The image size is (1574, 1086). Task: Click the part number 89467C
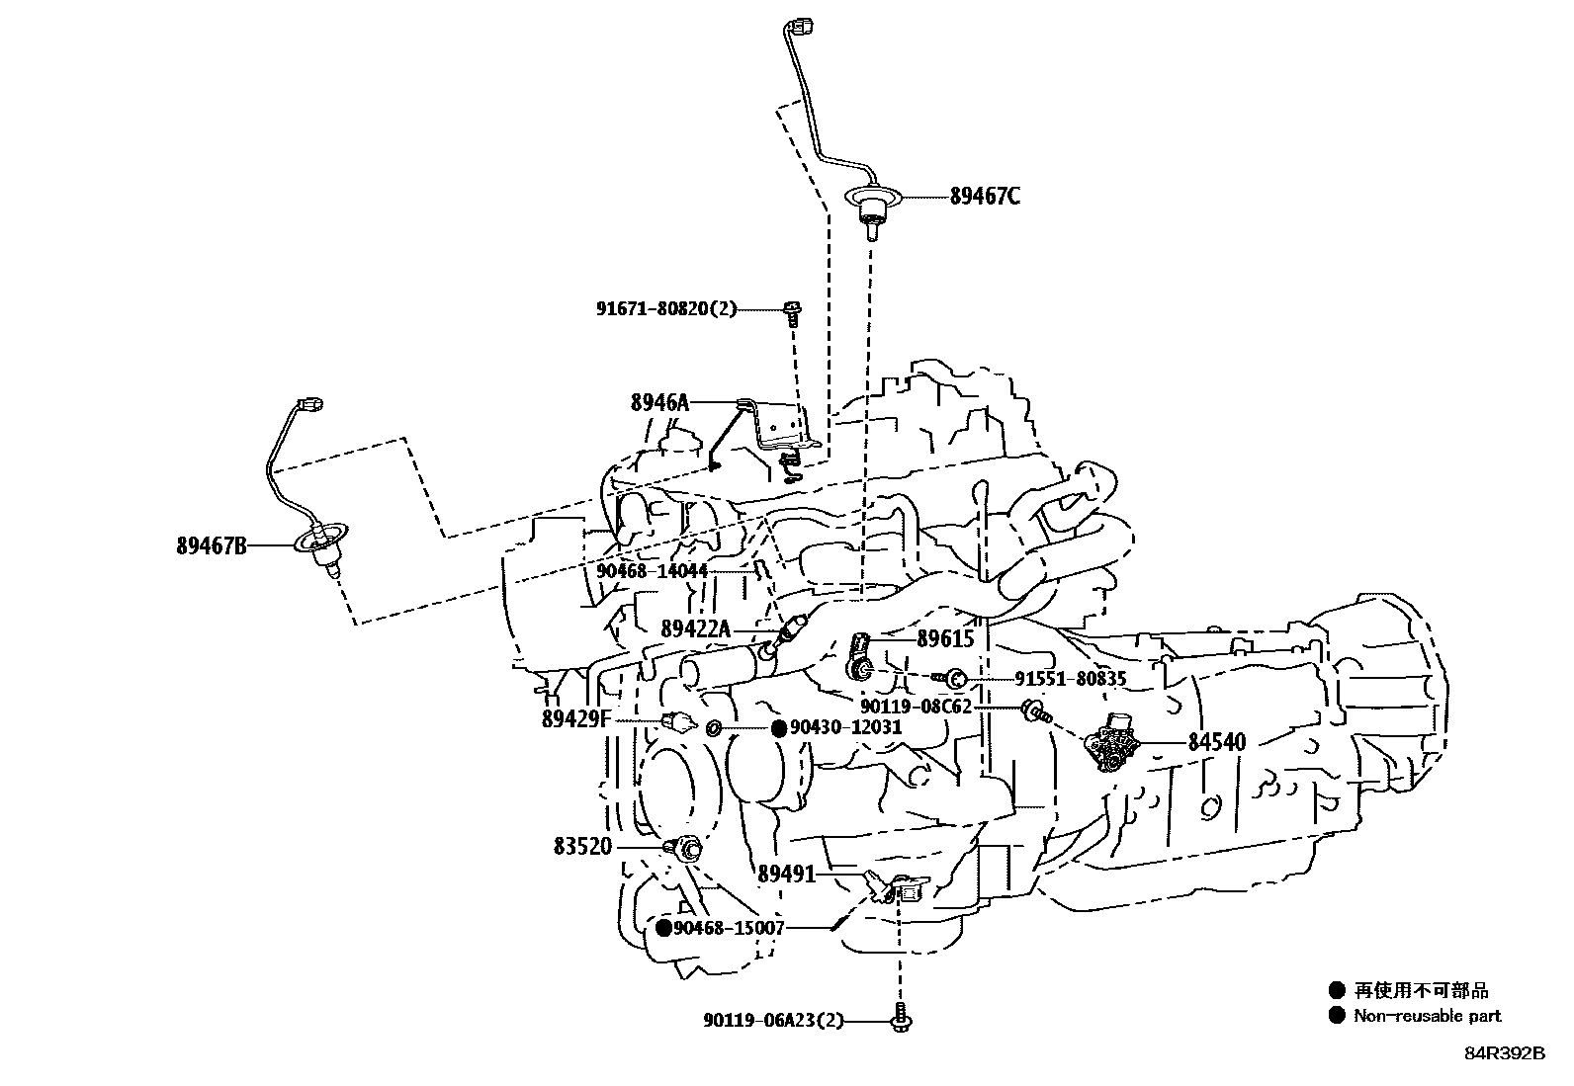tap(985, 196)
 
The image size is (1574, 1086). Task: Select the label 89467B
tap(212, 545)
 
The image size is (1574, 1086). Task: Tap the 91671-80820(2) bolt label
tap(666, 309)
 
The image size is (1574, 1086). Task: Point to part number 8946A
tap(658, 402)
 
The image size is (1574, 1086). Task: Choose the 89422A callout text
tap(695, 628)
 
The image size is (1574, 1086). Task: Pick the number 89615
tap(945, 638)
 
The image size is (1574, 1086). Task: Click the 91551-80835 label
tap(1071, 679)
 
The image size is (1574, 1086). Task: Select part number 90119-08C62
tap(916, 707)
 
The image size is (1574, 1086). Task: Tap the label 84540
tap(1216, 741)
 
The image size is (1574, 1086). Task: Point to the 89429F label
tap(576, 719)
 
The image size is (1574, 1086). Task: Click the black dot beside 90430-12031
tap(778, 729)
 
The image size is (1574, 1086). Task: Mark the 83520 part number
tap(582, 847)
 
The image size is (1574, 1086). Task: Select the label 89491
tap(787, 875)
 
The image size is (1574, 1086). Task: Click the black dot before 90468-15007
tap(664, 928)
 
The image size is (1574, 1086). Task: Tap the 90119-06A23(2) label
tap(775, 1021)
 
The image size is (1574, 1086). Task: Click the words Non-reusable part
tap(1427, 1015)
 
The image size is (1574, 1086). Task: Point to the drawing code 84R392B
tap(1504, 1052)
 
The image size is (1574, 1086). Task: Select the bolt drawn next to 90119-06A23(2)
tap(900, 1021)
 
